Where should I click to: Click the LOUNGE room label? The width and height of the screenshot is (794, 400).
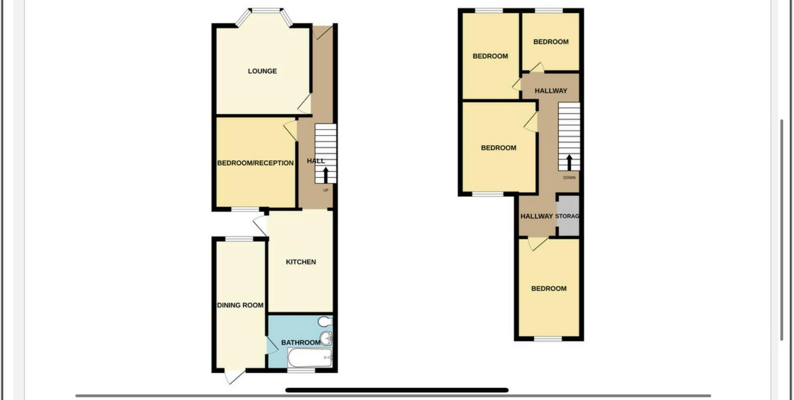click(x=262, y=71)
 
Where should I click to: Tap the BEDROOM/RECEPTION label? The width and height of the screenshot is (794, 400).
click(x=255, y=163)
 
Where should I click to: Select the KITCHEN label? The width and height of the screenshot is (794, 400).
click(x=301, y=262)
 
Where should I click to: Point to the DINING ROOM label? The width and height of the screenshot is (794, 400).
click(x=240, y=305)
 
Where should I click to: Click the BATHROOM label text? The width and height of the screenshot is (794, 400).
click(x=301, y=342)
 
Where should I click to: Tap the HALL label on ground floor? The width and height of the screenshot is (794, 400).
click(x=316, y=161)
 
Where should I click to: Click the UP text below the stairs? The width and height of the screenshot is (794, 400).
click(x=326, y=190)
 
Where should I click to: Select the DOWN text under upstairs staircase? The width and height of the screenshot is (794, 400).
click(x=569, y=178)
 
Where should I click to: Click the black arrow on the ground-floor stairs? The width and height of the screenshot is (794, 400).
click(x=326, y=175)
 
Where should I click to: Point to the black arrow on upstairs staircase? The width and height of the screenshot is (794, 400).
click(x=569, y=162)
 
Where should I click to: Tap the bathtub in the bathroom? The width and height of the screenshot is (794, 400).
click(x=310, y=358)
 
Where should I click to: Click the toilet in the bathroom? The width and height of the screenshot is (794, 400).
click(x=325, y=321)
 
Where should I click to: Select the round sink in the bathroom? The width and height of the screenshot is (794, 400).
click(x=326, y=338)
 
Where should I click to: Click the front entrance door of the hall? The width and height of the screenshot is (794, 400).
click(x=323, y=31)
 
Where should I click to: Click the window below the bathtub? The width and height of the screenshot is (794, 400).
click(x=301, y=370)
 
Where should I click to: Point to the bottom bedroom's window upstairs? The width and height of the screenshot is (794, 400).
click(x=548, y=339)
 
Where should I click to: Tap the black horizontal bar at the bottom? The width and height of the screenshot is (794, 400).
click(x=397, y=390)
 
